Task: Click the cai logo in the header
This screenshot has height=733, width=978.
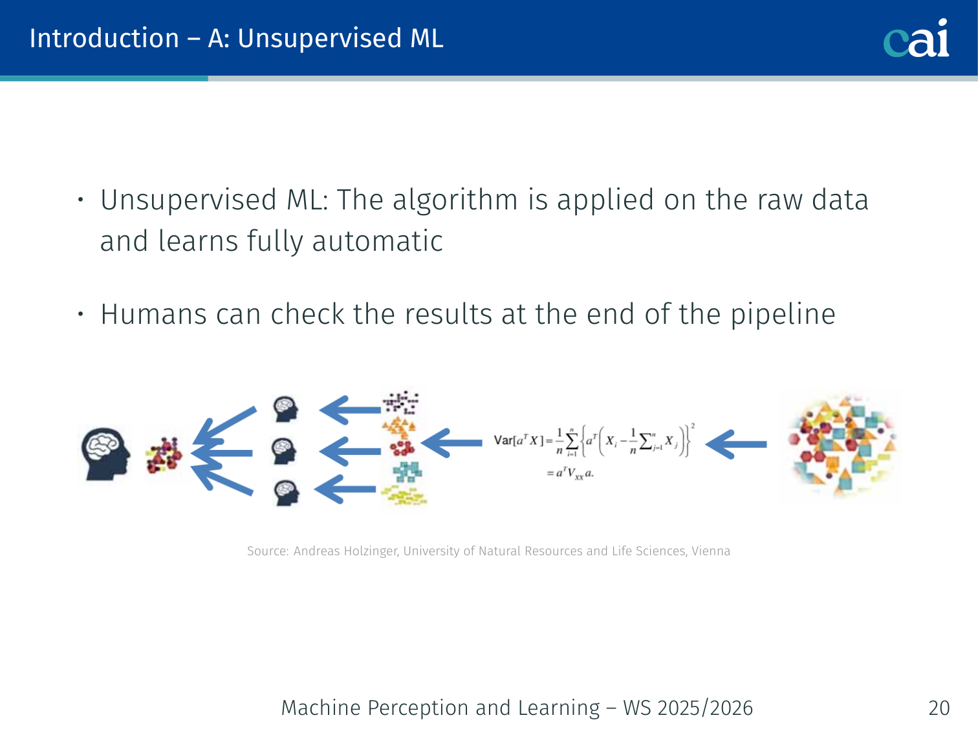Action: (916, 38)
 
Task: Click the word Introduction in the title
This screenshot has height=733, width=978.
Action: (104, 38)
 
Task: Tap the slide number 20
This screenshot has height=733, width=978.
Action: (939, 708)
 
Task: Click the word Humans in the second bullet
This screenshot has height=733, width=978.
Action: (154, 314)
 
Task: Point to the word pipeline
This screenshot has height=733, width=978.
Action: (783, 315)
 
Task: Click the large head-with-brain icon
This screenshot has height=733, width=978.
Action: (105, 454)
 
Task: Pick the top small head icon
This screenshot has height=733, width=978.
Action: (286, 409)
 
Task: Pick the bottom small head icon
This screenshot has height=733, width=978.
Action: (287, 493)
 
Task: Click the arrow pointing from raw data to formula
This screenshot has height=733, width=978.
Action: (736, 443)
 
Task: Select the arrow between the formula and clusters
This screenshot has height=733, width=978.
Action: (451, 443)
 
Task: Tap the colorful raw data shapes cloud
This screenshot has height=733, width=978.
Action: (842, 445)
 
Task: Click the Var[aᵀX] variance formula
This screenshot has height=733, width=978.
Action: (594, 451)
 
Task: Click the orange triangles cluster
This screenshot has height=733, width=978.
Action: (399, 427)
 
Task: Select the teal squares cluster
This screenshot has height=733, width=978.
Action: (407, 473)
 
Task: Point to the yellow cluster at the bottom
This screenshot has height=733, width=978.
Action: (404, 496)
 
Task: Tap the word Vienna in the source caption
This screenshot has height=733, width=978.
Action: (711, 551)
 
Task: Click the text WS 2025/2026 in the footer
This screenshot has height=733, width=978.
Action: (688, 708)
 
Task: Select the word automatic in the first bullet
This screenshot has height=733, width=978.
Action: (377, 241)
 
